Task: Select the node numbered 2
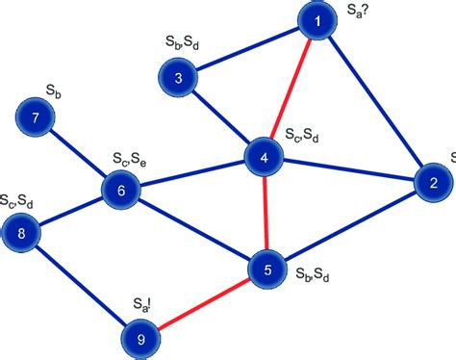[433, 183]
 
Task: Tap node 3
[179, 78]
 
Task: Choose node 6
[121, 190]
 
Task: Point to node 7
[37, 119]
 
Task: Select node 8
[21, 232]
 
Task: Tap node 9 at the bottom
[140, 339]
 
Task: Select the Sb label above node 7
[55, 90]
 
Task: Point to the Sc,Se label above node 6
[126, 157]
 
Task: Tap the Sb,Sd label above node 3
[183, 44]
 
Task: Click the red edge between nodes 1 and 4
[290, 90]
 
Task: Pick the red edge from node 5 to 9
[204, 304]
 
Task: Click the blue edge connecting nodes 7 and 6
[79, 154]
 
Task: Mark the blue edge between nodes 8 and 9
[80, 285]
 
